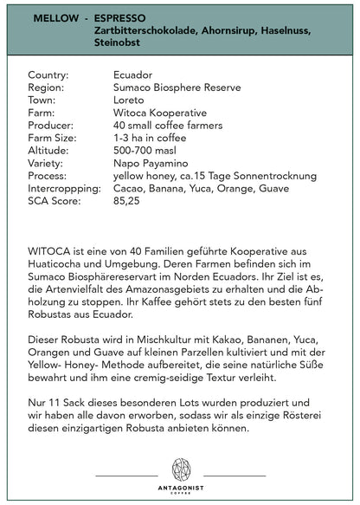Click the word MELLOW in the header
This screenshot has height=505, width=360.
(x=56, y=16)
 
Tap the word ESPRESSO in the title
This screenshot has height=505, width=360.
(x=121, y=16)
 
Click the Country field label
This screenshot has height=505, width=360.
(x=48, y=76)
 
